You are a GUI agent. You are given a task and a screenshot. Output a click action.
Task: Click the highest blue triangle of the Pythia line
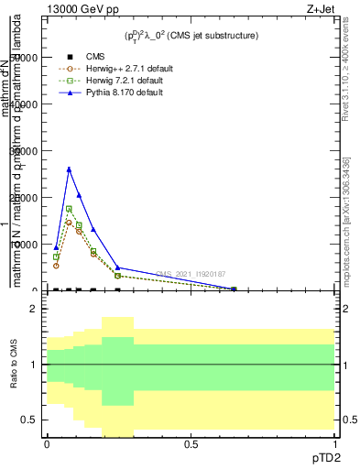pyautogui.click(x=69, y=169)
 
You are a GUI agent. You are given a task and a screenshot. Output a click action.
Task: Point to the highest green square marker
pyautogui.click(x=69, y=209)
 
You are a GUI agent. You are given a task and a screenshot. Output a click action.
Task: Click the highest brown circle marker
pyautogui.click(x=69, y=222)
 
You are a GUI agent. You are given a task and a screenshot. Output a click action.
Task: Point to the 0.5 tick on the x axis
pyautogui.click(x=191, y=444)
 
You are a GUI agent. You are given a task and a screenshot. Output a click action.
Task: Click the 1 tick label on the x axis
pyautogui.click(x=335, y=444)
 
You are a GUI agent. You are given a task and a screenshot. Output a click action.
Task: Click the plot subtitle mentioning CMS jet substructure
pyautogui.click(x=191, y=35)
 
